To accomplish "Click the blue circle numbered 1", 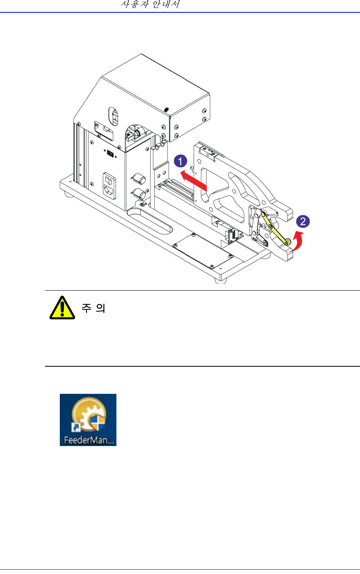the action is pos(180,161).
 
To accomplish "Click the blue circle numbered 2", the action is pos(303,221).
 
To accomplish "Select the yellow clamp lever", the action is pos(274,228).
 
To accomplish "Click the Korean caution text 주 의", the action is pos(93,308).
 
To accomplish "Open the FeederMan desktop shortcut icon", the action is pos(88,417).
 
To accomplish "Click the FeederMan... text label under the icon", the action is pos(88,441).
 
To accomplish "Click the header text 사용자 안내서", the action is pos(150,5).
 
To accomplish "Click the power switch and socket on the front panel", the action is pos(110,185).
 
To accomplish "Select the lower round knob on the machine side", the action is pos(139,194).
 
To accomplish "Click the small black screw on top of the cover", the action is pos(166,109).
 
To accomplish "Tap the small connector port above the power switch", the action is pos(110,152).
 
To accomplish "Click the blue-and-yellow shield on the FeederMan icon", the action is pos(98,424).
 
